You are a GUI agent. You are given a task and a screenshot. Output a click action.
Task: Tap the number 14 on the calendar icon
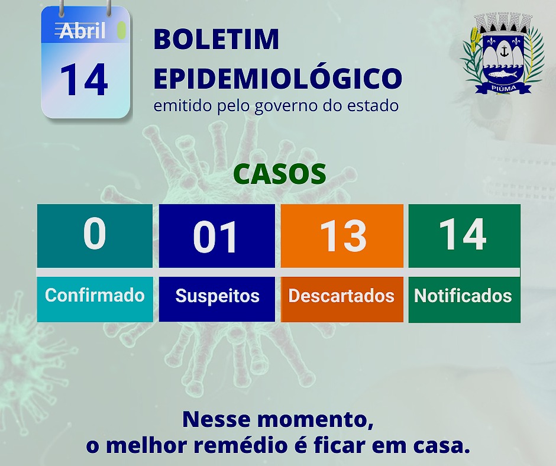[x=83, y=80]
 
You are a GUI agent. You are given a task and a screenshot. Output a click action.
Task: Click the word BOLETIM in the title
[x=216, y=39]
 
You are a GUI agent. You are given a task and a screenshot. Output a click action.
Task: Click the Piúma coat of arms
[x=503, y=53]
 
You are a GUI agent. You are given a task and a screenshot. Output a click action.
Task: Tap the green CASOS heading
[x=280, y=174]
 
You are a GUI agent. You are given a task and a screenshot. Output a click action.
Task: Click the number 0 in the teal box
[x=95, y=233]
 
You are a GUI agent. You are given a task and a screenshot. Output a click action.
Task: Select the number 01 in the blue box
[x=215, y=236]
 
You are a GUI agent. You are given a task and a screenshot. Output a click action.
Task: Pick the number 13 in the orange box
[x=343, y=236]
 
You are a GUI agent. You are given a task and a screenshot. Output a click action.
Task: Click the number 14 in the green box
[x=463, y=234]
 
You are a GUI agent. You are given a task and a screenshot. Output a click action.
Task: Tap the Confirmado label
[x=95, y=295]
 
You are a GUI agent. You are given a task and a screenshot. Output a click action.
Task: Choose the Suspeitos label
[x=217, y=296]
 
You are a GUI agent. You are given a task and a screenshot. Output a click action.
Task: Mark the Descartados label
[x=341, y=296]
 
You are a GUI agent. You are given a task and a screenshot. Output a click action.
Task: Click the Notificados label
[x=463, y=296]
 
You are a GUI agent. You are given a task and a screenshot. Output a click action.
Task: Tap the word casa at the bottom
[x=442, y=446]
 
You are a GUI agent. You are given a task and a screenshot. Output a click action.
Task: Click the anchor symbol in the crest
[x=503, y=52]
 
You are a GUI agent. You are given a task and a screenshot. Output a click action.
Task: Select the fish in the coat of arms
[x=503, y=74]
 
